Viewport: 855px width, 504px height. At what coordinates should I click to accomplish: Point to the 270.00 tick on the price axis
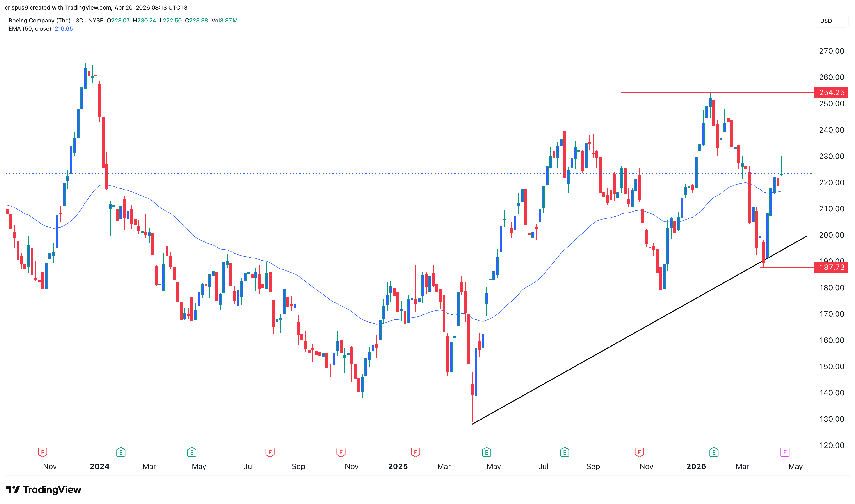click(x=831, y=51)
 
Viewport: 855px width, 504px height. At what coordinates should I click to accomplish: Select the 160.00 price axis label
click(x=831, y=340)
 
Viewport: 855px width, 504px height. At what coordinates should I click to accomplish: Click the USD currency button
click(x=826, y=21)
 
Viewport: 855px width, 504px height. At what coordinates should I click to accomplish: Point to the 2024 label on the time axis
click(x=100, y=467)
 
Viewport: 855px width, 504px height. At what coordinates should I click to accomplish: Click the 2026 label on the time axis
click(x=696, y=467)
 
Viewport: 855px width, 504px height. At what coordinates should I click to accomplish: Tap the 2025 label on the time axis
click(x=398, y=467)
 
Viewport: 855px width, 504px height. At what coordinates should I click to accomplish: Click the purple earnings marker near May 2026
click(x=784, y=452)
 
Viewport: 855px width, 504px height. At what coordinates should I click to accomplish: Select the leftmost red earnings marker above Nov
click(x=42, y=452)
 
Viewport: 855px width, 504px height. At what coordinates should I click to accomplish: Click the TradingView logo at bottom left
click(x=44, y=490)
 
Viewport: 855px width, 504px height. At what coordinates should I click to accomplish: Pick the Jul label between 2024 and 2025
click(x=249, y=467)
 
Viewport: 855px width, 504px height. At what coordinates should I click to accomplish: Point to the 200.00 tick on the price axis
click(x=831, y=235)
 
